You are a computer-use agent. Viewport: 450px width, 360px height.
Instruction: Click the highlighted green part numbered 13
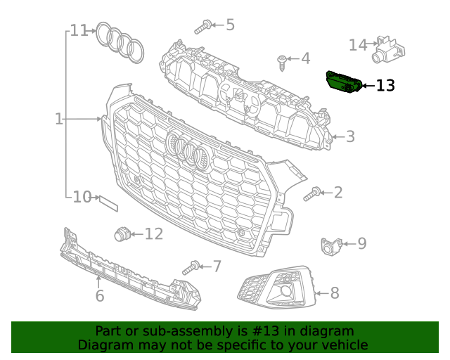click(x=344, y=82)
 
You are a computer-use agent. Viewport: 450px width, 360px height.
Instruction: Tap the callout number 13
click(x=385, y=86)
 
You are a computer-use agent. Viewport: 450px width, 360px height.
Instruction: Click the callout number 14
click(x=358, y=45)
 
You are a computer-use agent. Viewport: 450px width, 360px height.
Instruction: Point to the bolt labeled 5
click(x=203, y=27)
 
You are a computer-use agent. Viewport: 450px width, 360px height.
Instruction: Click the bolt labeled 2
click(x=313, y=193)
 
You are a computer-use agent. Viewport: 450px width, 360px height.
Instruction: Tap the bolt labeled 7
click(x=192, y=267)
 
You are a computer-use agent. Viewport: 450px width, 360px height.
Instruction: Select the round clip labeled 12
click(x=123, y=234)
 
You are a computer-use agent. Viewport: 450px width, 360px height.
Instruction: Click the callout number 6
click(x=100, y=296)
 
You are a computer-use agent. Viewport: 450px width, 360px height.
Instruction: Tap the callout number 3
click(x=349, y=137)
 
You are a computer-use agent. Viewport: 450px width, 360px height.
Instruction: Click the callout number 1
click(x=59, y=120)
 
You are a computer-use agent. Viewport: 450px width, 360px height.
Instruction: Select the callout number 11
click(x=79, y=31)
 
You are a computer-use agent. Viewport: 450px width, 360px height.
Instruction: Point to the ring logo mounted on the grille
click(x=188, y=151)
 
